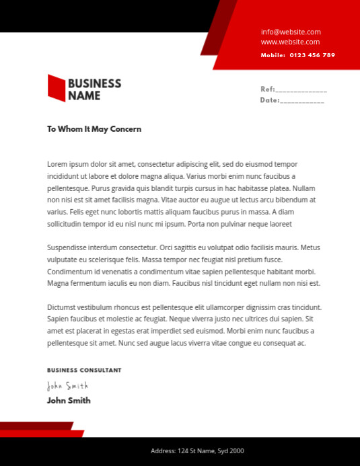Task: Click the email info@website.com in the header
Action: (291, 32)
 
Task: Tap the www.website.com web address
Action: (291, 42)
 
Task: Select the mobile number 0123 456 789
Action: (312, 55)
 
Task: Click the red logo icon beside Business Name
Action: (56, 87)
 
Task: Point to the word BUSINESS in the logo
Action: (94, 83)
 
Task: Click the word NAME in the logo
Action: (84, 95)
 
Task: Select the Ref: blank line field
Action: (301, 89)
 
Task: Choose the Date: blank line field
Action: (301, 101)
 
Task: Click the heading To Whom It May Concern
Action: (94, 128)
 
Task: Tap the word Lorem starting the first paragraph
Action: (58, 164)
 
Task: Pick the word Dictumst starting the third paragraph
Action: (63, 307)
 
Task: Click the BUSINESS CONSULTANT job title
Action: (84, 370)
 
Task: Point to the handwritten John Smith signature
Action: (67, 385)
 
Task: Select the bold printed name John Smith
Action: (69, 400)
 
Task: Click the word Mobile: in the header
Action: (273, 55)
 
